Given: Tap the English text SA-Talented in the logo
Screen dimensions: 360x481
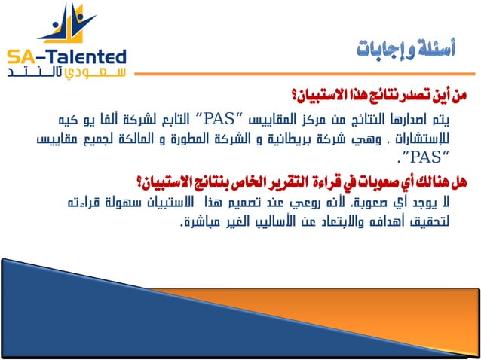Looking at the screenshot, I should click(x=66, y=58).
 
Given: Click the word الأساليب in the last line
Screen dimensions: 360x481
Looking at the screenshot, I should click(x=255, y=222).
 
